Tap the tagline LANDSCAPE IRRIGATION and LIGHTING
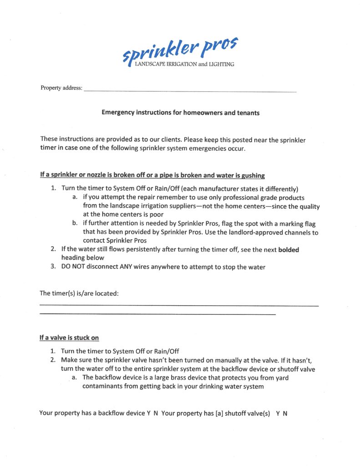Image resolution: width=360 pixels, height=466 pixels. click(185, 65)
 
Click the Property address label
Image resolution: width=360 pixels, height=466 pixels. click(61, 88)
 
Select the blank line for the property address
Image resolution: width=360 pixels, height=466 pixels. click(190, 91)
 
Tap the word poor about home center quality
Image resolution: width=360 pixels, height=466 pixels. click(155, 215)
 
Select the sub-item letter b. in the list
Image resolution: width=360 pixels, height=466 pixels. click(75, 223)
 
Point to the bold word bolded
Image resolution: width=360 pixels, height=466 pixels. click(289, 249)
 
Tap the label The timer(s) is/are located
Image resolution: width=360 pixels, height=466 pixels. click(79, 293)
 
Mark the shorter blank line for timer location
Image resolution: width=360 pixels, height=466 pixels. click(157, 314)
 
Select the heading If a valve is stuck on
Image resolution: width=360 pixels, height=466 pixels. click(69, 338)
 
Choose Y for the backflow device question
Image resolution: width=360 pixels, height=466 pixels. click(148, 413)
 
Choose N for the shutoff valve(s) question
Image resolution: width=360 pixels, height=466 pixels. click(285, 413)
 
